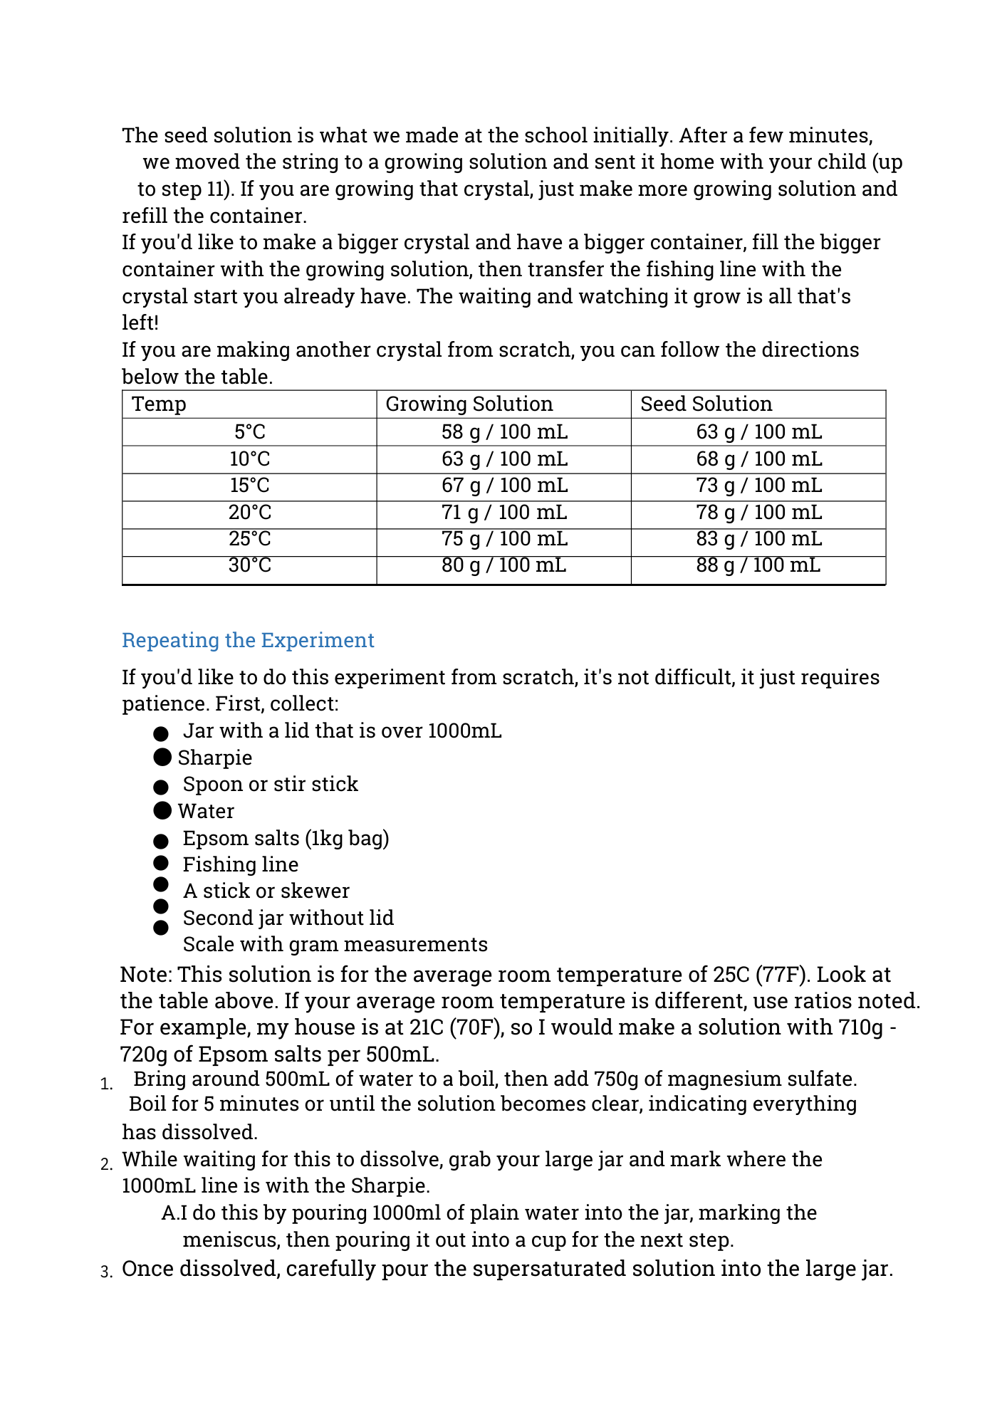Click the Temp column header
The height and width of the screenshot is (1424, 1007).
click(159, 404)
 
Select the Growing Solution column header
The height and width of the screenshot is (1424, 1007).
click(469, 404)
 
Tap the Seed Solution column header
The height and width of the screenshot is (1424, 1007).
click(706, 404)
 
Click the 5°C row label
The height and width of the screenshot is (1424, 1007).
click(249, 431)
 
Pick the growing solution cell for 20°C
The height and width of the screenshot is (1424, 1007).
click(504, 512)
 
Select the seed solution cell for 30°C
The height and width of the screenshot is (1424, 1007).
click(758, 565)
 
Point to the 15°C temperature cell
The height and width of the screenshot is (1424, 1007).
click(249, 486)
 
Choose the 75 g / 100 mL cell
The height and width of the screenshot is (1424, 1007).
click(504, 539)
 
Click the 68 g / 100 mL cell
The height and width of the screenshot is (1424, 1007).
click(758, 459)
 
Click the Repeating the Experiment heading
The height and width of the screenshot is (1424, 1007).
click(248, 640)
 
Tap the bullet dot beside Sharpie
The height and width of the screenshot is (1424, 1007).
click(162, 757)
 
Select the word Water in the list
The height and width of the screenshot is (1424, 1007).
click(206, 811)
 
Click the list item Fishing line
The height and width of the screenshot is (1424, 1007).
click(241, 864)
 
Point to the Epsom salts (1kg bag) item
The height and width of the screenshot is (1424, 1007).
click(286, 838)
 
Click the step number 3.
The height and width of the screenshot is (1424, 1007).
click(106, 1272)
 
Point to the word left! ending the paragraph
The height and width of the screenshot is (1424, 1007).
click(140, 323)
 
